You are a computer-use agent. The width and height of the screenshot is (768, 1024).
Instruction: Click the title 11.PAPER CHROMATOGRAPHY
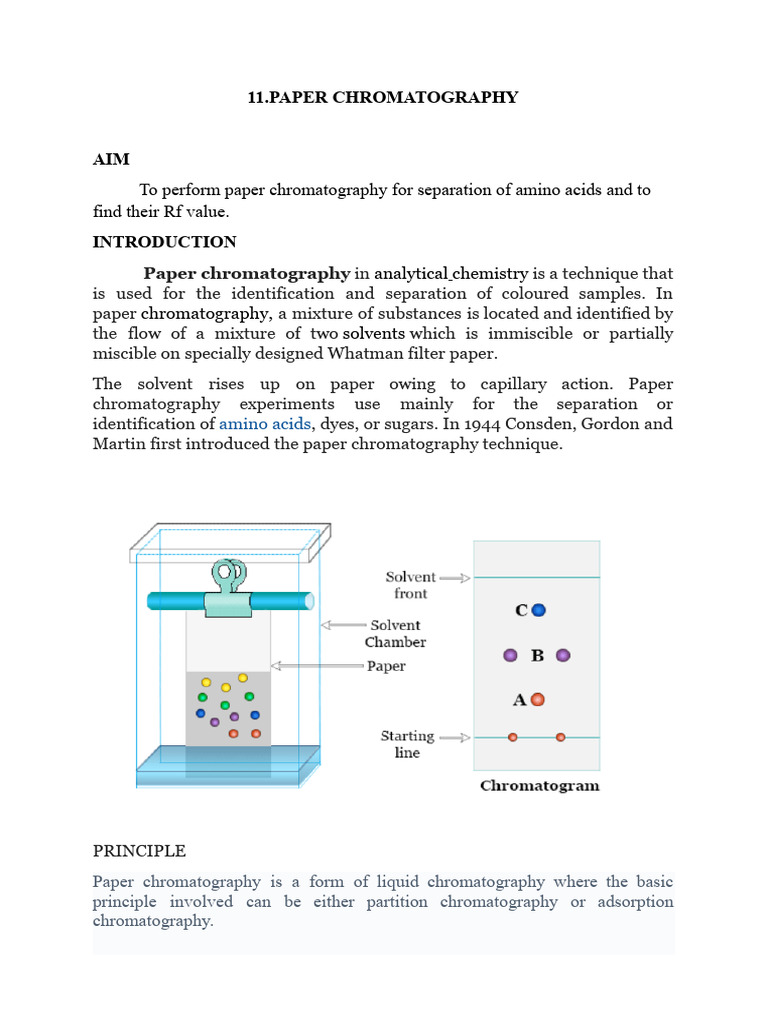383,97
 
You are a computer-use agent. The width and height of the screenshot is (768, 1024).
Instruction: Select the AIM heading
111,159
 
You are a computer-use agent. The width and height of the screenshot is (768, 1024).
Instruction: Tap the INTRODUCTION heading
164,242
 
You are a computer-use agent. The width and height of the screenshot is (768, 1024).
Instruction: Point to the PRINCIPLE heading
139,851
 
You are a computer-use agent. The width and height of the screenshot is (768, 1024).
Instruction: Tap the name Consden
475,424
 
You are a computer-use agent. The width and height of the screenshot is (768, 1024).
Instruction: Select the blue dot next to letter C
539,610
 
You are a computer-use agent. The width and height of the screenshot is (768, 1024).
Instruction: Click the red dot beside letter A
537,700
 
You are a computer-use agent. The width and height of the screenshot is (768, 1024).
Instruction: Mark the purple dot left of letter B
511,656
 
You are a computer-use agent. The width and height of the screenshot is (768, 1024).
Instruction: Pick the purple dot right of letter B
563,656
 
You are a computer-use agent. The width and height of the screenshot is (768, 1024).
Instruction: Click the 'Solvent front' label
411,585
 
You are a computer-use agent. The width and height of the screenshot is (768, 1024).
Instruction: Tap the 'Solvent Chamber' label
395,633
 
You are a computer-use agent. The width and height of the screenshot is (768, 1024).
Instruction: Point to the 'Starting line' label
407,744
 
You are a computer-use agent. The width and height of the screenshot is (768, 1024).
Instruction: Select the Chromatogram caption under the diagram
540,786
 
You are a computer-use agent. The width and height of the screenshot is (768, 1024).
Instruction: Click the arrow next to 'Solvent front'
455,578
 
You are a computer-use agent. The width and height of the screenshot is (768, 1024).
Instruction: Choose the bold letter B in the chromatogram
537,656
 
